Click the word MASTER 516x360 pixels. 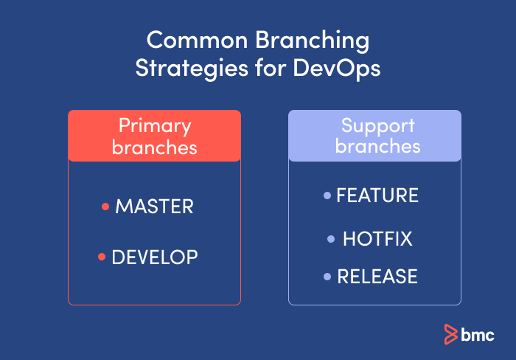click(154, 207)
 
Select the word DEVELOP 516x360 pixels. click(154, 257)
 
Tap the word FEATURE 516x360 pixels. click(377, 195)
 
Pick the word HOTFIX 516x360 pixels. click(377, 239)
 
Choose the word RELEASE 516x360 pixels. click(377, 277)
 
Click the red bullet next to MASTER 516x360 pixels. click(105, 207)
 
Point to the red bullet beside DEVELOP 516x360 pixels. click(102, 257)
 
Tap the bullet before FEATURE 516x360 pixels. click(327, 195)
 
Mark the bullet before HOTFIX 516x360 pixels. click(331, 239)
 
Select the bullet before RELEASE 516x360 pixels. click(327, 277)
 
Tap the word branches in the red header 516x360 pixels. click(155, 147)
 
